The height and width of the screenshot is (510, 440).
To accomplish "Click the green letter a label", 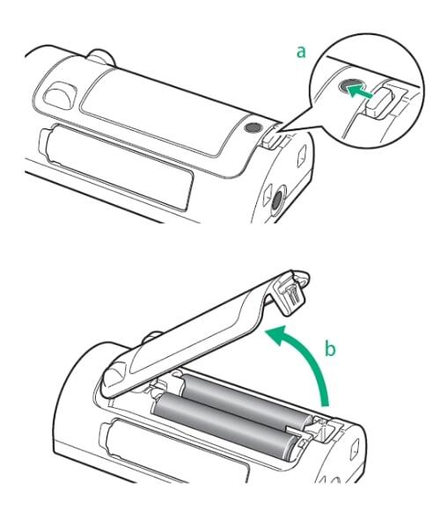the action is point(301,53).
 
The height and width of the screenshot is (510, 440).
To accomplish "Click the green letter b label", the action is point(330,348).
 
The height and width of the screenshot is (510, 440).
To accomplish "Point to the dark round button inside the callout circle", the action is point(348,86).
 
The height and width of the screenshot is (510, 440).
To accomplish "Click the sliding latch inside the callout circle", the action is point(380,101).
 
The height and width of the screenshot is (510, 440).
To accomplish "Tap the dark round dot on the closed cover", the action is point(253,127).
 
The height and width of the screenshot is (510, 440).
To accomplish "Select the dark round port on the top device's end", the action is point(277,199).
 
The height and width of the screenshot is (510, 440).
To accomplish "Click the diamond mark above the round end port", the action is point(303,156).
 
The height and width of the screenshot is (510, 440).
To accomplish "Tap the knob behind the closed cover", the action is point(101,56).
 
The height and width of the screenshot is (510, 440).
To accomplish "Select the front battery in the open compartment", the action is point(225,425).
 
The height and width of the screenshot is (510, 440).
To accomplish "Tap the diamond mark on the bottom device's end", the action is point(355,449).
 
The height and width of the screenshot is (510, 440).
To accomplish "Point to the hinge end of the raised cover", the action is point(114,379).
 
